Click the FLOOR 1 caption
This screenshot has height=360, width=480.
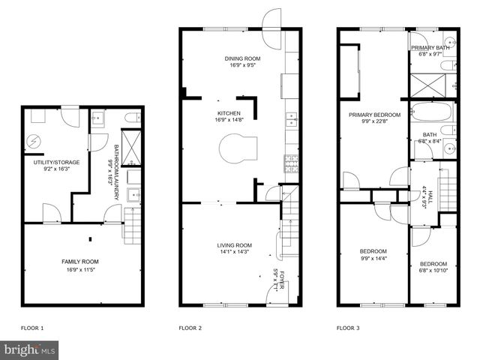point(31,328)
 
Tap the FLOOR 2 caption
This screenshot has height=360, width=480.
point(190,328)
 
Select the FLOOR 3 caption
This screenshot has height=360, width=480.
point(348,328)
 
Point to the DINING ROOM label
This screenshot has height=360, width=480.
point(242,58)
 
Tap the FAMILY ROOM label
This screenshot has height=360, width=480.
point(79,261)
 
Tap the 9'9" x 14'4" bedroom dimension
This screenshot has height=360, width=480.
point(373,259)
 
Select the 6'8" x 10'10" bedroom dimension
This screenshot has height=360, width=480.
point(433,271)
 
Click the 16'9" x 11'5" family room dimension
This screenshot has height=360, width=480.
point(79,268)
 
